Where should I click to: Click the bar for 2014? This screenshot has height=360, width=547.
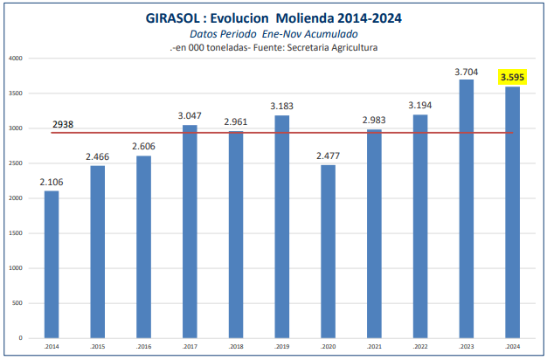[x=52, y=264]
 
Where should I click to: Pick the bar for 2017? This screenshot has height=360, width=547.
[x=190, y=231]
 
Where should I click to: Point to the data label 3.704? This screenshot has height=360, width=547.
[x=467, y=71]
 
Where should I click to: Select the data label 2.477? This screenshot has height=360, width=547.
[x=329, y=156]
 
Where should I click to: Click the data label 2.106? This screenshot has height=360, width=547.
[x=52, y=182]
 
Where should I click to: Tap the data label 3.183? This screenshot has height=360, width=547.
[x=281, y=106]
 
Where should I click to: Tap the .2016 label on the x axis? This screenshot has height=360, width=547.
[x=143, y=347]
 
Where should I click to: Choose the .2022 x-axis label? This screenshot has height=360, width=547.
[x=419, y=347]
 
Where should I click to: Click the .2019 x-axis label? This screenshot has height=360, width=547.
[x=281, y=347]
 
